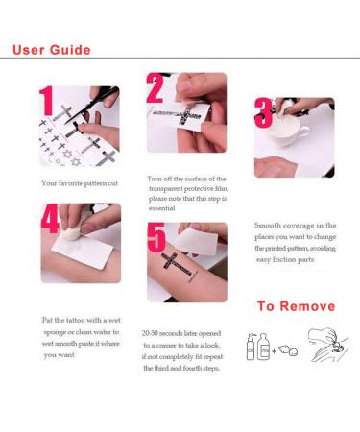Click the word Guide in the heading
click(70, 50)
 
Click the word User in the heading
click(29, 50)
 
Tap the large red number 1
click(46, 101)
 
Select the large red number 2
click(155, 87)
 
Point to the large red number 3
click(264, 112)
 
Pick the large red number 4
click(51, 218)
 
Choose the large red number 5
click(156, 237)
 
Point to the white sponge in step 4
click(72, 229)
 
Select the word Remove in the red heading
click(307, 306)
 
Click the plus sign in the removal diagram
click(274, 351)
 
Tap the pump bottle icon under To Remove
click(251, 347)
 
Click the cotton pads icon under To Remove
click(288, 350)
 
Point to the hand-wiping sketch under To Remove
click(327, 345)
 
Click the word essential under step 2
click(162, 208)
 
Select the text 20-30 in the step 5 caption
click(150, 333)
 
